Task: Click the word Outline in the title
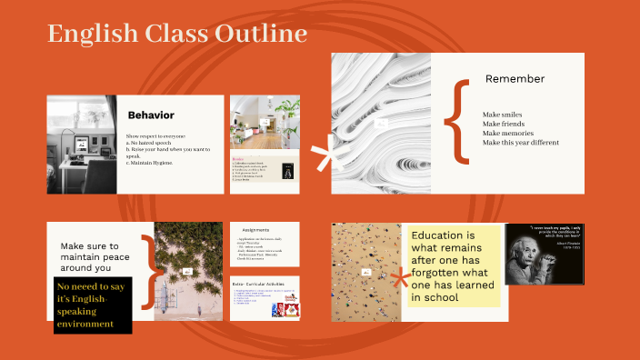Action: [261, 35]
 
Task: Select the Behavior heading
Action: [150, 115]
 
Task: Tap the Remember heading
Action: [515, 79]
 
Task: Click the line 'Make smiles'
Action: [502, 115]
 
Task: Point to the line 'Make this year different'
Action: [520, 143]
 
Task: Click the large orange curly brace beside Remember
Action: [461, 122]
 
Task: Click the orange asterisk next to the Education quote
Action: [397, 278]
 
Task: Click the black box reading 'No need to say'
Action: [94, 305]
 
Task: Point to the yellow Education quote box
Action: [454, 265]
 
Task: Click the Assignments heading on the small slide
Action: [261, 232]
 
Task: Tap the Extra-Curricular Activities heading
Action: [266, 284]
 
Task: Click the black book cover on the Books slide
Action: [288, 171]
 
